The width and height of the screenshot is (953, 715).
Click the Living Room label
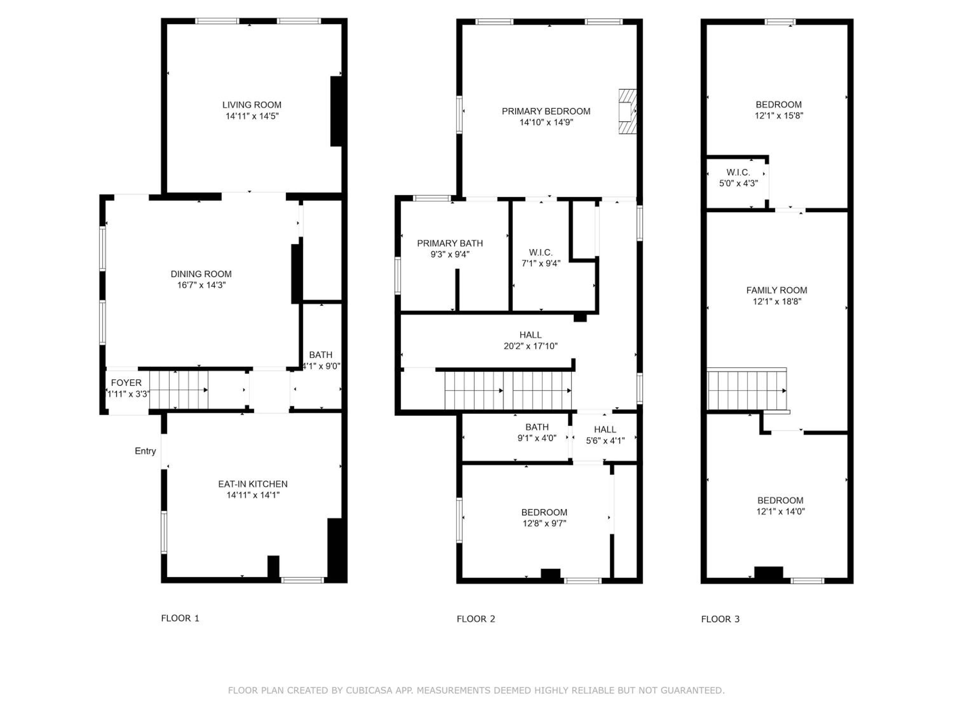coord(252,105)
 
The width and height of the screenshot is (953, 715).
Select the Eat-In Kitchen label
coord(253,484)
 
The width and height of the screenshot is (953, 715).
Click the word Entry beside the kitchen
coord(145,451)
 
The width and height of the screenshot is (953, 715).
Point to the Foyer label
coord(126,383)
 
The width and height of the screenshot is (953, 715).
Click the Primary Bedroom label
coord(546,111)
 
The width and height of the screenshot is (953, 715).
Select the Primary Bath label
coord(450,243)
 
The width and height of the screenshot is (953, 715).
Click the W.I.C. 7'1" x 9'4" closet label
coord(541,258)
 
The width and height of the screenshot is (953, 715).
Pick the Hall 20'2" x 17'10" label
coord(531,340)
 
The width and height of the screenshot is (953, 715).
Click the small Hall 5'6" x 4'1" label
coord(605,435)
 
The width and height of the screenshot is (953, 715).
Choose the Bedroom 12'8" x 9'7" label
coord(544,518)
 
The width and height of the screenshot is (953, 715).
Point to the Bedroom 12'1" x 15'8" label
coord(779,110)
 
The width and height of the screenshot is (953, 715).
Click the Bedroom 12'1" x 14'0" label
coord(780,506)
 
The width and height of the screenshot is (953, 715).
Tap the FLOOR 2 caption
coord(476,619)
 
